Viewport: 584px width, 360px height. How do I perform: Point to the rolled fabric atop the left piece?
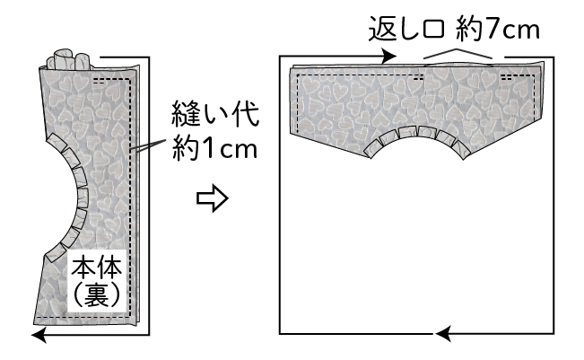(71, 61)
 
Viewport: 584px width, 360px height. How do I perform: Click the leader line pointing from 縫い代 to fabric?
(148, 139)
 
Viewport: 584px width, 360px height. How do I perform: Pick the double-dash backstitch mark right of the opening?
(510, 77)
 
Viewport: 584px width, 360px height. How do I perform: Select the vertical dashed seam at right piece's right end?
(535, 94)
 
